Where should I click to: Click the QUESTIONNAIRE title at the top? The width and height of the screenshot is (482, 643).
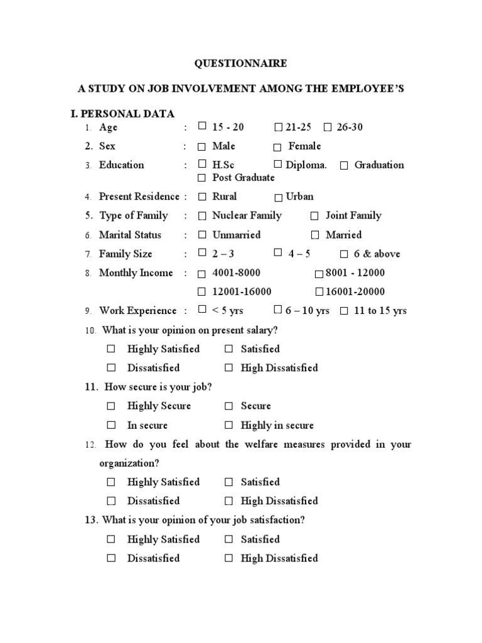[x=240, y=63]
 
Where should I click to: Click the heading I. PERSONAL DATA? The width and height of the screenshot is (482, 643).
[x=122, y=114]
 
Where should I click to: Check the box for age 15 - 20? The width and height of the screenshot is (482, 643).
[x=202, y=126]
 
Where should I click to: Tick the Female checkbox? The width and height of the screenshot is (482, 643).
[x=277, y=147]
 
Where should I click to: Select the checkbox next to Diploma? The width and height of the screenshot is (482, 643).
[x=278, y=165]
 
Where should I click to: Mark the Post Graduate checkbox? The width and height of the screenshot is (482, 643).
[x=202, y=178]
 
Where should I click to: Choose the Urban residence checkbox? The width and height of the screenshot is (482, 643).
[x=278, y=197]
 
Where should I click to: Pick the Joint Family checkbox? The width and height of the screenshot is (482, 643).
[x=314, y=216]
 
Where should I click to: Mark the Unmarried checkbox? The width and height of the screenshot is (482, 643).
[x=202, y=235]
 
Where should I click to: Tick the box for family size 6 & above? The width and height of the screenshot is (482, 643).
[x=344, y=254]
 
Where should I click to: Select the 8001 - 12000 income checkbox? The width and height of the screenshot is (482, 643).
[x=319, y=274]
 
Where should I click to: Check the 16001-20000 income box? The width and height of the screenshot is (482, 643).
[x=319, y=292]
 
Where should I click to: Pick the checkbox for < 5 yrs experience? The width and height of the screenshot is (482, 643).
[x=202, y=310]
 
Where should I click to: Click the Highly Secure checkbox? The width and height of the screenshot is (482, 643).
[x=111, y=406]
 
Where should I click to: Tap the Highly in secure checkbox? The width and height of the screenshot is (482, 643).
[x=229, y=426]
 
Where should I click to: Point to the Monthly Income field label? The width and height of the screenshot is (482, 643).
[x=136, y=273]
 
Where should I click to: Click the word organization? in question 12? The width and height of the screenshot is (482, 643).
[x=129, y=463]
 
